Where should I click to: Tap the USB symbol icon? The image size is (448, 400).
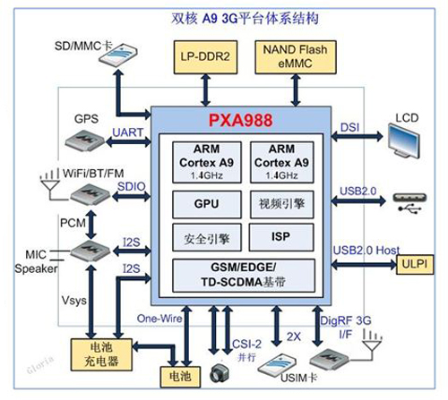tap(410, 205)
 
